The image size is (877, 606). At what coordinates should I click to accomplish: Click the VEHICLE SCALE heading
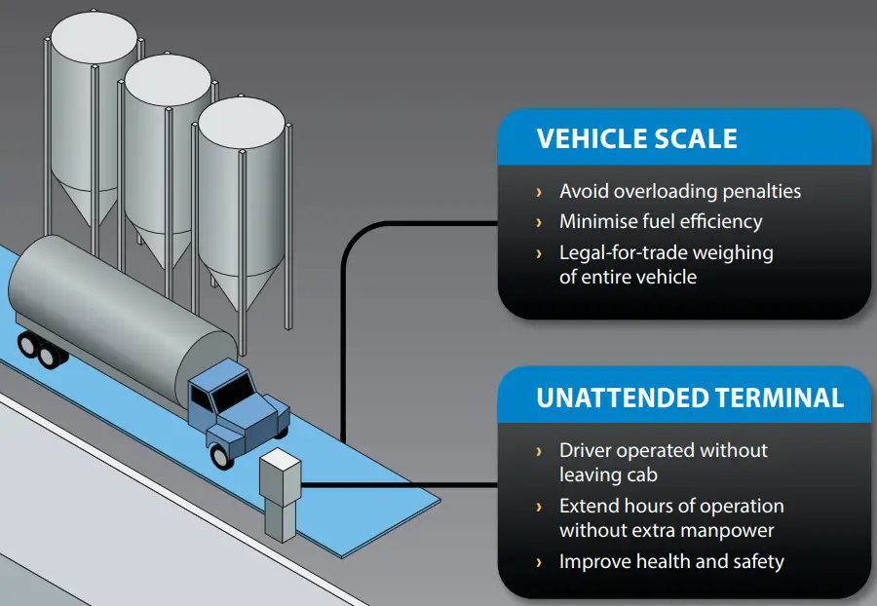point(636,138)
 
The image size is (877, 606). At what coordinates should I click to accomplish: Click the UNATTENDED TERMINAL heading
point(689,398)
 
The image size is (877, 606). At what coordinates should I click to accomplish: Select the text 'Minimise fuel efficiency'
point(660,222)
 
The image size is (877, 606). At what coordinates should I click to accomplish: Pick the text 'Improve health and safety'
point(670,561)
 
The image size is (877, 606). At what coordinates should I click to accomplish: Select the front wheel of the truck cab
point(222,451)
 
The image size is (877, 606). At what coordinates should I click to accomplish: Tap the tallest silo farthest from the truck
point(94,97)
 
